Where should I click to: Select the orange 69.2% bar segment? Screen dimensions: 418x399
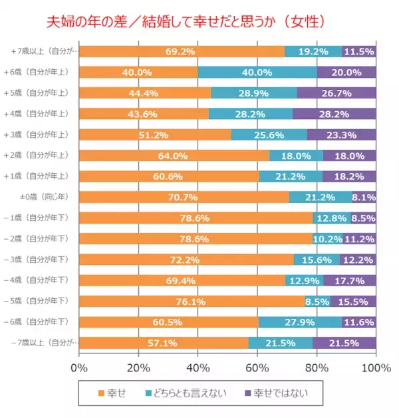pos(182,51)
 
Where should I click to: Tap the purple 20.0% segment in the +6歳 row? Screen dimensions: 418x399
pos(346,72)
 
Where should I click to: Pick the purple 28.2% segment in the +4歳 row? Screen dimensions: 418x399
pos(334,114)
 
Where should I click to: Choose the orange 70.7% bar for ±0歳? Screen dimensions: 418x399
pos(184,197)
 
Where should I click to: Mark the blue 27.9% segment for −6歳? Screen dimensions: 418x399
pos(300,322)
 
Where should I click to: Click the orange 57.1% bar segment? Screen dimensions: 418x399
pos(164,343)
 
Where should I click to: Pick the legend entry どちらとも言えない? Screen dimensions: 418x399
pos(194,393)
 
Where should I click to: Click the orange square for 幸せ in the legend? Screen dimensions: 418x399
pos(101,393)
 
